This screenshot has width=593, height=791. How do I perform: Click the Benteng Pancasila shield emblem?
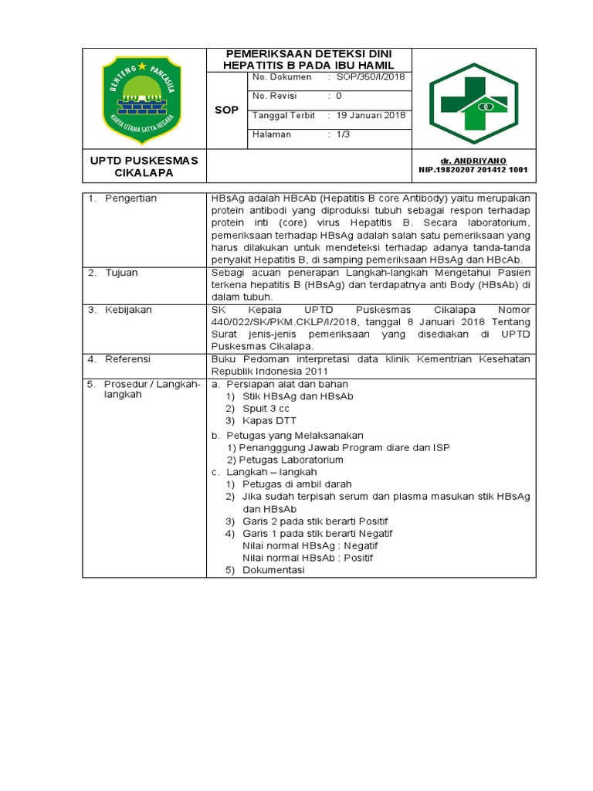[144, 99]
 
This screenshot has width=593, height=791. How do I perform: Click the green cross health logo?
[474, 103]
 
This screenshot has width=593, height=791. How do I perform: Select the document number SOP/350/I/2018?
[371, 77]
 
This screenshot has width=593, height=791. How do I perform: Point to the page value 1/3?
[343, 134]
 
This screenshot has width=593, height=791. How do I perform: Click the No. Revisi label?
[276, 96]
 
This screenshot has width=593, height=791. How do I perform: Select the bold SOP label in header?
[226, 110]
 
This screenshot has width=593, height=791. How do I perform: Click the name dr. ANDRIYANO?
[473, 160]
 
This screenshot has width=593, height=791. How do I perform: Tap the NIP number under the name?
[473, 169]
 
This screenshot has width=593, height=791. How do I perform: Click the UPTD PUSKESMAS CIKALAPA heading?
[144, 166]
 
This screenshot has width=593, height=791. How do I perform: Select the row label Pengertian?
[131, 199]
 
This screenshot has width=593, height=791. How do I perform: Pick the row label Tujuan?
[123, 273]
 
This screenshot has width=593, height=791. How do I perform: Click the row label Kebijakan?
[129, 310]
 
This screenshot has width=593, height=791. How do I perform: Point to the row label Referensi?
[128, 359]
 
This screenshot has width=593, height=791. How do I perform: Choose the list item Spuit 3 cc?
[266, 408]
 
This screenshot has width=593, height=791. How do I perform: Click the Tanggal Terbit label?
[283, 115]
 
